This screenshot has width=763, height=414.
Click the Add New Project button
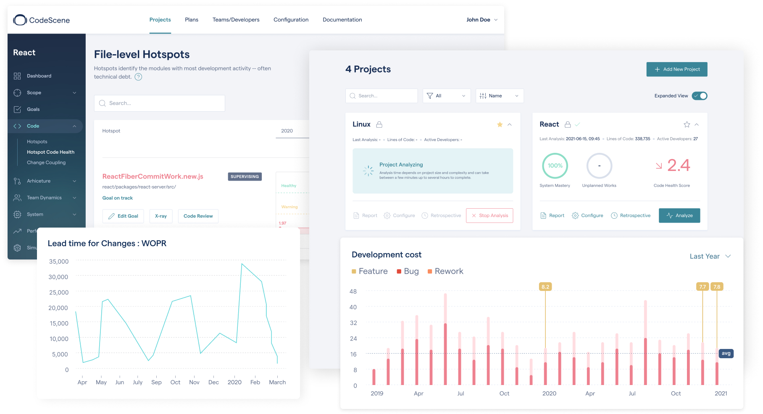coord(676,69)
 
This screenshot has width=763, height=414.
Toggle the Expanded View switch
coord(700,96)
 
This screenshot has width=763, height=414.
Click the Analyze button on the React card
coord(679,215)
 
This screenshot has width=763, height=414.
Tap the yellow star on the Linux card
coord(500,125)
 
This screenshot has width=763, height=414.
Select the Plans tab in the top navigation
coord(192,20)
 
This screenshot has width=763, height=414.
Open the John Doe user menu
coord(481,20)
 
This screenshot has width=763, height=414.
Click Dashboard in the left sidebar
coord(39,76)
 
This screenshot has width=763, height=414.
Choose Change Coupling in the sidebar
coord(46,162)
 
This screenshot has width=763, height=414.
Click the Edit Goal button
coord(123,216)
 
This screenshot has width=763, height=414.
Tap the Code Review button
coord(198,216)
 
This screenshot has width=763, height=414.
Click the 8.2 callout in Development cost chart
coord(545,287)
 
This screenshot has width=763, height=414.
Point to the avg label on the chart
coord(726,354)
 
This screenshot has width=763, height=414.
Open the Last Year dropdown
coord(710,256)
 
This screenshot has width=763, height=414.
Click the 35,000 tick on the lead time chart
coord(59,262)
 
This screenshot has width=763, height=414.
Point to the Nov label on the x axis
coord(194,382)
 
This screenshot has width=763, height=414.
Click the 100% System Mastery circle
coord(555,166)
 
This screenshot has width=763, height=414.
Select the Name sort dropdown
coord(499,96)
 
